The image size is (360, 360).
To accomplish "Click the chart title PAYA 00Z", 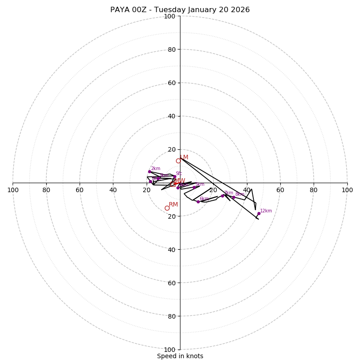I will tap(180, 10).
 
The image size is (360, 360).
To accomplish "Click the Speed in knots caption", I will tap(180, 356).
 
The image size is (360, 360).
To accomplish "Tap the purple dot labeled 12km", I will tap(259, 213).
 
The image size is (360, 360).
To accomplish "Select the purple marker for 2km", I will tap(149, 171).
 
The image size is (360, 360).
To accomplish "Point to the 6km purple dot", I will tap(198, 202).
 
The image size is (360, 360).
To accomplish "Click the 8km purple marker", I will tap(234, 197).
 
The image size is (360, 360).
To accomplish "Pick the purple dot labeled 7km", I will tap(222, 196).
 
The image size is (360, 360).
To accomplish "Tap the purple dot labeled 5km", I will tap(194, 187).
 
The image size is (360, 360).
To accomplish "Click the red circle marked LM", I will tap(178, 161).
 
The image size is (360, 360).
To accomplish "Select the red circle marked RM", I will tap(167, 208).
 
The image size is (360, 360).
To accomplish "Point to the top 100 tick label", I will tap(170, 16).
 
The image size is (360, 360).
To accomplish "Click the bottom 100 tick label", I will tap(170, 350).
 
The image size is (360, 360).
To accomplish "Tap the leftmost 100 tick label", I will tap(13, 190).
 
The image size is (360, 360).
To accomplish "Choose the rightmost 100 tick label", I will tap(347, 190).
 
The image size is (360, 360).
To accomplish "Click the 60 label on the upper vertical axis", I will tap(171, 83).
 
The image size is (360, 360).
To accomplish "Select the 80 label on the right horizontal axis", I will tap(314, 190).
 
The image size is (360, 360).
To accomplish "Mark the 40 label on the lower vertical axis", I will tap(171, 249).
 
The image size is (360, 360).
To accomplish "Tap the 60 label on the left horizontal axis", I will tap(80, 190).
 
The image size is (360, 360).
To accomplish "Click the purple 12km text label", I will tap(266, 211).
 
